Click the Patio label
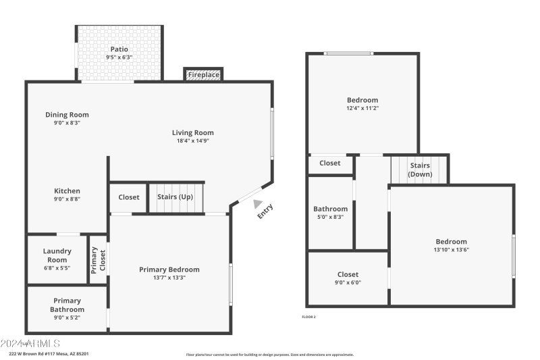119,49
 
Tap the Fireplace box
203,74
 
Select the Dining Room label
67,115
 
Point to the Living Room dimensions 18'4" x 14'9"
192,141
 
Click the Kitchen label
67,191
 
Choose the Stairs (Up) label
176,197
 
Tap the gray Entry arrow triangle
256,202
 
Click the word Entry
265,211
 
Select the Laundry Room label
57,255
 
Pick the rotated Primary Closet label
99,260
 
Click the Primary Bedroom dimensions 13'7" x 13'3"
169,278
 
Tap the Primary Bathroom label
67,305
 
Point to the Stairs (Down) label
419,170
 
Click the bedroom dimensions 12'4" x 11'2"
362,108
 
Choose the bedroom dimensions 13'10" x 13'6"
451,250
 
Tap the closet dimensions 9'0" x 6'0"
348,283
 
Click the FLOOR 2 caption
308,317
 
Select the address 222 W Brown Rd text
49,353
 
